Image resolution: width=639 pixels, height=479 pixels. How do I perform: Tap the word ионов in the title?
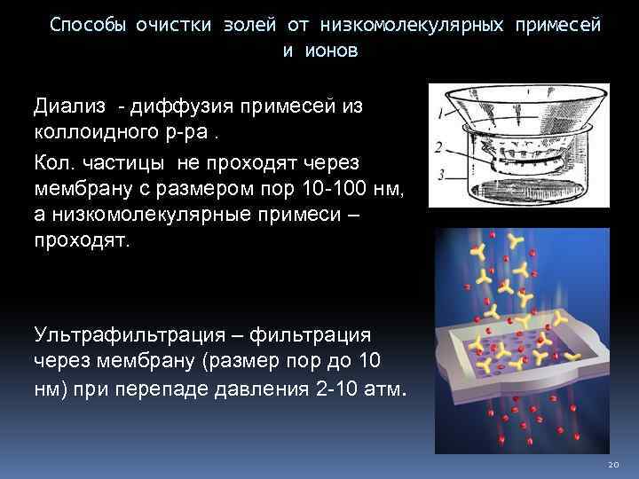[332, 51]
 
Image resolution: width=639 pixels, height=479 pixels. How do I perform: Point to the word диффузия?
[181, 107]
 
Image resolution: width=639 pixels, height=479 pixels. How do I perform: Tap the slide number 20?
[612, 465]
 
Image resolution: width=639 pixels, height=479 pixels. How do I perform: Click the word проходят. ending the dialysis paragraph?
[81, 241]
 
